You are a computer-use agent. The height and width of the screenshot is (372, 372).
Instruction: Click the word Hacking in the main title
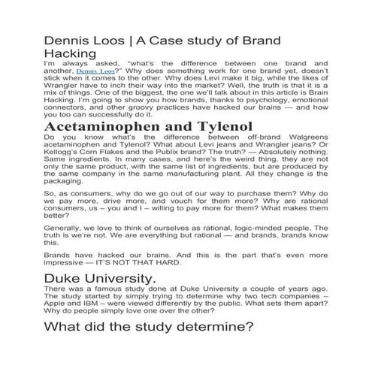(71, 53)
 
